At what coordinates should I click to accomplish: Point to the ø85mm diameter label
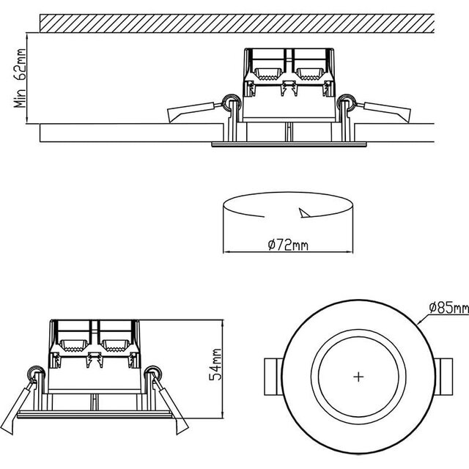click(x=448, y=308)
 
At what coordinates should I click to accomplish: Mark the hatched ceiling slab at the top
click(x=234, y=22)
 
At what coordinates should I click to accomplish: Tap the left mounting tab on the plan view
click(x=270, y=377)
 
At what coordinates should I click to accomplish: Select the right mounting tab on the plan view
click(x=446, y=377)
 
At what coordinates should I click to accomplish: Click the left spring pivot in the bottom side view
click(x=33, y=374)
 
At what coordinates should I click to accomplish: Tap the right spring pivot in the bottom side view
click(x=153, y=374)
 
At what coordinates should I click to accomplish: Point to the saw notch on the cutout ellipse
click(x=304, y=213)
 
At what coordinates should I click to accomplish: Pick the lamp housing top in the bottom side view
click(x=93, y=322)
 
